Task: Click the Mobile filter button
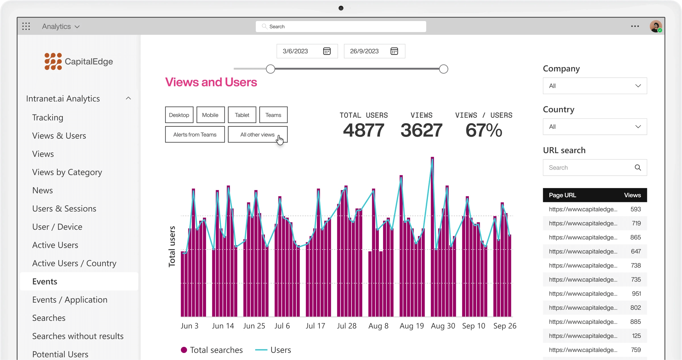[210, 115]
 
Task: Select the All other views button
[257, 134]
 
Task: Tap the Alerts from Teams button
[195, 134]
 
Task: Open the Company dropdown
[594, 86]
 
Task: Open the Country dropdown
[594, 127]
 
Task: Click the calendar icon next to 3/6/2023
[327, 51]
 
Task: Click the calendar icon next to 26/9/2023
[394, 51]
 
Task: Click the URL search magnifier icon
[638, 168]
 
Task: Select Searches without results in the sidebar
[78, 336]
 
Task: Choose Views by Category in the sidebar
[67, 172]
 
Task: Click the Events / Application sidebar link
[70, 300]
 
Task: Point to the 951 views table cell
[636, 294]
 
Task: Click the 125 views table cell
[636, 336]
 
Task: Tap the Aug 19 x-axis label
[411, 326]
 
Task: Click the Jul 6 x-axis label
[282, 326]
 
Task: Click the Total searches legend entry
[212, 350]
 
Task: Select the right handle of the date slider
[443, 69]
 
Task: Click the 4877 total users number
[363, 130]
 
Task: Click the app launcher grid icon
[26, 26]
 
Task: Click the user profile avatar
[656, 26]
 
